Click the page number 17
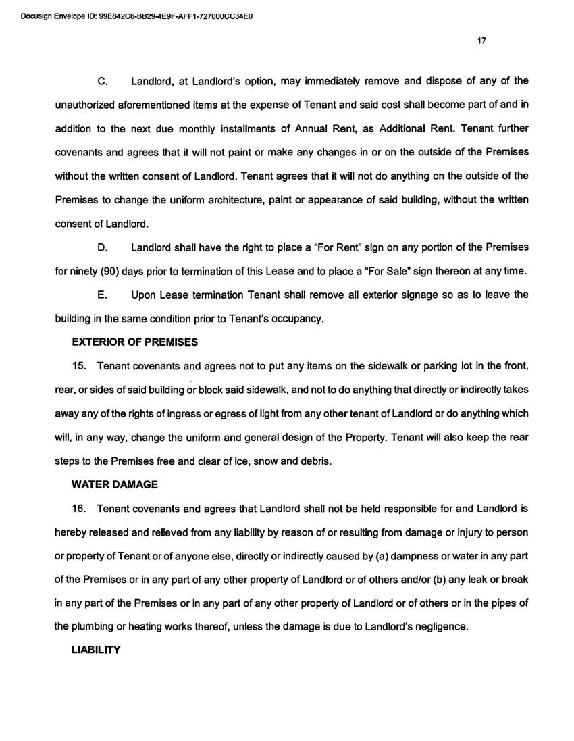(x=481, y=41)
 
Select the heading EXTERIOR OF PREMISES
(x=135, y=342)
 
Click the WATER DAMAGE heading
(x=115, y=484)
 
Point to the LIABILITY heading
(x=96, y=650)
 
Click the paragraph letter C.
(x=103, y=82)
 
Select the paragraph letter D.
(x=103, y=247)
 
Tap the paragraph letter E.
(x=103, y=295)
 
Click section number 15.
(x=80, y=366)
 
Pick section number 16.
(x=80, y=508)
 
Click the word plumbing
(x=95, y=626)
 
